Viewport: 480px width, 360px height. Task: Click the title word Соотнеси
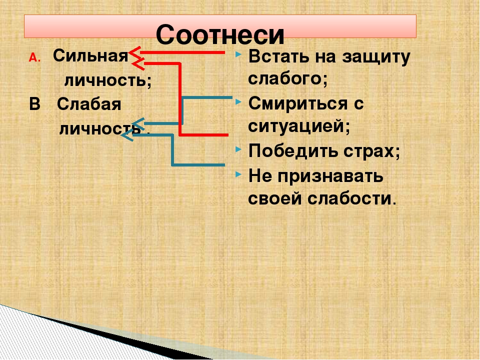pos(220,34)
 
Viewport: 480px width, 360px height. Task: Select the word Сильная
pos(90,56)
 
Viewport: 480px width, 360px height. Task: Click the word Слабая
pos(89,104)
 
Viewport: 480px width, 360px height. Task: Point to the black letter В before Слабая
pos(35,104)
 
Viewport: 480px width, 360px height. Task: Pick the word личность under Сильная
pos(108,80)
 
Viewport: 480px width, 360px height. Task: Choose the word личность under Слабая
pos(100,128)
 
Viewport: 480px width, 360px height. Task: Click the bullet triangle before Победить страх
pos(238,149)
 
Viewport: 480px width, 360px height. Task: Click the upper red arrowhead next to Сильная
pos(134,52)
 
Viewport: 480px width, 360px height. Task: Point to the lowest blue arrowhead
pos(127,134)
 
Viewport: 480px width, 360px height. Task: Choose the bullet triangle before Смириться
pos(238,102)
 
